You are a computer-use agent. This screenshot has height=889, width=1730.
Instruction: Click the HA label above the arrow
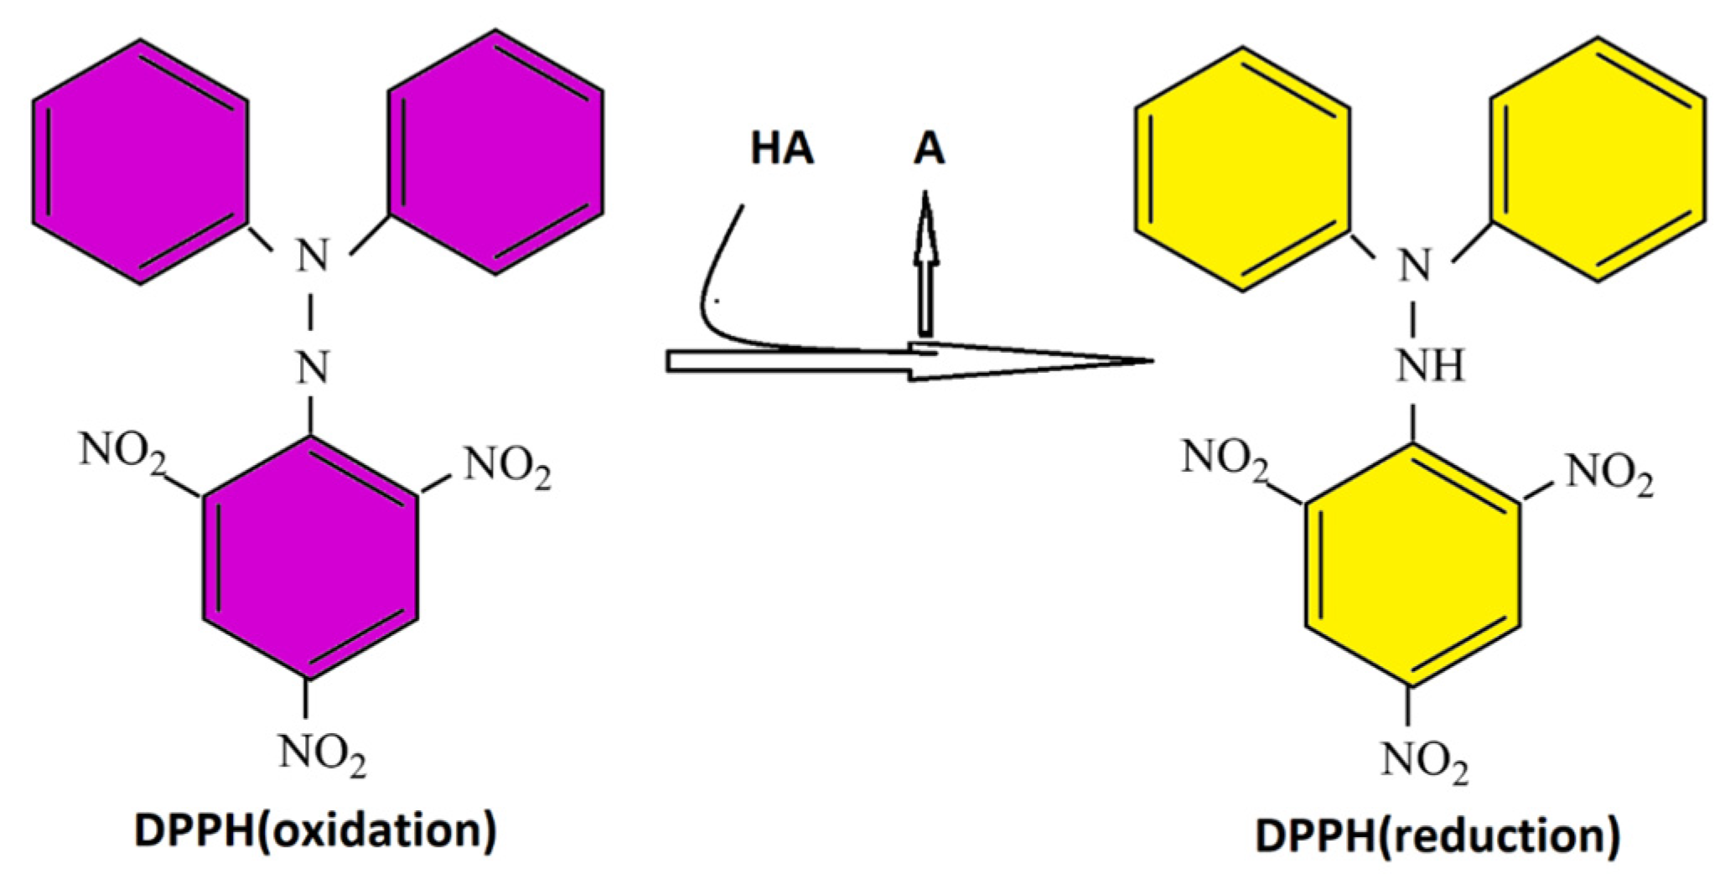[781, 149]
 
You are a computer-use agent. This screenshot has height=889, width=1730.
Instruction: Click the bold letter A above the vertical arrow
[929, 149]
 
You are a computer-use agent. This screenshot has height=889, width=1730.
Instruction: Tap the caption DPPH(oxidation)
[315, 830]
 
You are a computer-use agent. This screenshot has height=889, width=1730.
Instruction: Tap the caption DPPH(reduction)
[1437, 835]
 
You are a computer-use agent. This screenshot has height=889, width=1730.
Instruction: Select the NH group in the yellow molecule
[1430, 366]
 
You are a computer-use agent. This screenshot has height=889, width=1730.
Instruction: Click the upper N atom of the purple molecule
[313, 256]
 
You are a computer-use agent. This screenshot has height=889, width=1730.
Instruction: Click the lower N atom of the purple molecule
[313, 367]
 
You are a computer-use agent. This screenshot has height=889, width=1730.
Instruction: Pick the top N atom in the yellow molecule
[1415, 266]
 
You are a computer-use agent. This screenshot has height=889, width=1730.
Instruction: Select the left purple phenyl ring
[140, 161]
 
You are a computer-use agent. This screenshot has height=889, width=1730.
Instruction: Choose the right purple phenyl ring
[495, 152]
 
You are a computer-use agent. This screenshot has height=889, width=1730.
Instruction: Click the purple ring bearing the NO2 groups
[310, 557]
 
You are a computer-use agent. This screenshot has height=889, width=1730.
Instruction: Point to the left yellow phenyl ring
[1242, 169]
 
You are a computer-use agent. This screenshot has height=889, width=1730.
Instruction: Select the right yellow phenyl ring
[1598, 159]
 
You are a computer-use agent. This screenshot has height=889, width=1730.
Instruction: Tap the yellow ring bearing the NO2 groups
[1413, 566]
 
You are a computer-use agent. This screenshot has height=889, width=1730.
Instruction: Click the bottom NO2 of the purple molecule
[323, 752]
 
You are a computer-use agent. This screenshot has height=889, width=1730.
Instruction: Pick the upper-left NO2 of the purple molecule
[122, 452]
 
